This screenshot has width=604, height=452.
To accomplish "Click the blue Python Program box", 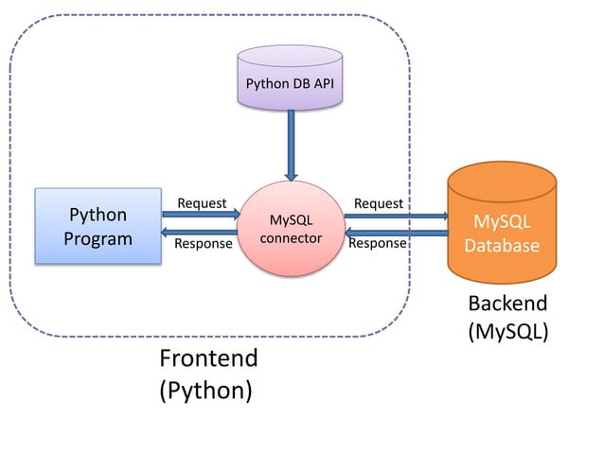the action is (x=98, y=226).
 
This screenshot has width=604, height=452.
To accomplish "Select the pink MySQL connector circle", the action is (x=291, y=229).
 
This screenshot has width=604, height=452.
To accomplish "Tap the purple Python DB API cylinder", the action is (x=290, y=78).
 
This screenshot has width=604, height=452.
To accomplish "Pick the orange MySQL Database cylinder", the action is (x=502, y=222).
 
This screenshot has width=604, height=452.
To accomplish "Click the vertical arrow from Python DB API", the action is (x=292, y=146).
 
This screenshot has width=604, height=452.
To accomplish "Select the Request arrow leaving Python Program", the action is (x=201, y=215).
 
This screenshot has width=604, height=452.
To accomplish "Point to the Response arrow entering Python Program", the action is (x=199, y=232).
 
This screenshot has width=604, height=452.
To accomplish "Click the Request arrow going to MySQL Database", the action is (x=397, y=216).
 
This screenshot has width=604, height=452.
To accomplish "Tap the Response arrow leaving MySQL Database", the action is (x=397, y=233).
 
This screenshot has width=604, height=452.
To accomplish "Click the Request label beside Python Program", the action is (x=202, y=203).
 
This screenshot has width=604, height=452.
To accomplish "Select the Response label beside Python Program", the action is (x=204, y=244).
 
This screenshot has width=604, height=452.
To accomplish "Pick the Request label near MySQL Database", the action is (x=379, y=203).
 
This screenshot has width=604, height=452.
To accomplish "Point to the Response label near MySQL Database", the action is (x=378, y=243).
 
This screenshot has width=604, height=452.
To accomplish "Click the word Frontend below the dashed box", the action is (x=209, y=358).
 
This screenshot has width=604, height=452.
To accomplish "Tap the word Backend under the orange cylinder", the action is (x=507, y=304).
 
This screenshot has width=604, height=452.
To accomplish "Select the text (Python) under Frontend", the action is (x=206, y=391).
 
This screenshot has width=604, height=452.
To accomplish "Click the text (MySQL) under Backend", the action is (x=508, y=331).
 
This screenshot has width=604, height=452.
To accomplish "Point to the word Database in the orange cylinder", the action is (x=502, y=246).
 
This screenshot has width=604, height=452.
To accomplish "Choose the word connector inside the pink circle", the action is (x=291, y=238).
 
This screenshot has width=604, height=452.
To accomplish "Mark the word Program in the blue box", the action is (x=98, y=239).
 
